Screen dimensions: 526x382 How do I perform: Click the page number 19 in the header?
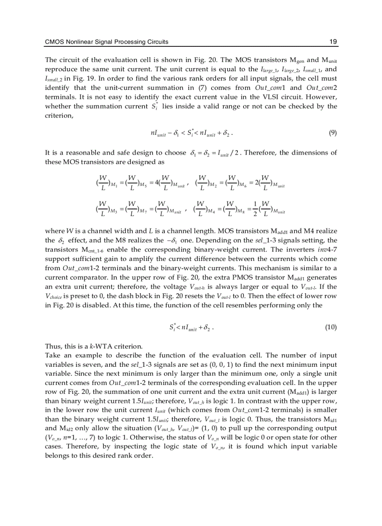point(333,42)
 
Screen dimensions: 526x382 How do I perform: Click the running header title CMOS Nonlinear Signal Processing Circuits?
point(106,42)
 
